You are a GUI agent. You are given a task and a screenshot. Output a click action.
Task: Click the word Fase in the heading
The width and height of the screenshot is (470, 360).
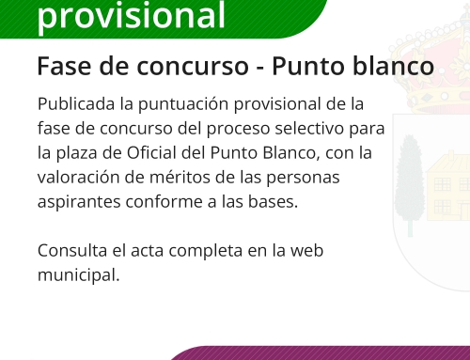click(60, 67)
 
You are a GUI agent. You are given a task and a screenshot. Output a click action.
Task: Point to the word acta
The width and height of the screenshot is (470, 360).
click(149, 252)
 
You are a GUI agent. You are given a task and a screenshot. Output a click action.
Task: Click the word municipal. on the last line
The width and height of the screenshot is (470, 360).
click(79, 276)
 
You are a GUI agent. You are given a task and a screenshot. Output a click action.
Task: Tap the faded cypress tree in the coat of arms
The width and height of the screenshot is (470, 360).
click(409, 183)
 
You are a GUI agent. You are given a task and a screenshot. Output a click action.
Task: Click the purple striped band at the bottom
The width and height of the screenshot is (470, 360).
click(320, 353)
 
